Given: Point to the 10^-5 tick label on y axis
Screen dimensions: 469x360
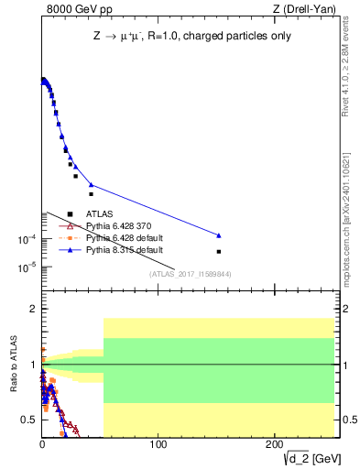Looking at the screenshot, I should coord(27,267).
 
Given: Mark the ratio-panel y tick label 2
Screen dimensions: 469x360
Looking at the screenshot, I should coord(32,310).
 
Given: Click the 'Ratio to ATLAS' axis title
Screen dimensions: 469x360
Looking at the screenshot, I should coord(13,365).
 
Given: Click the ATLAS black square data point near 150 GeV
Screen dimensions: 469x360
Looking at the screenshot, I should coord(219,251).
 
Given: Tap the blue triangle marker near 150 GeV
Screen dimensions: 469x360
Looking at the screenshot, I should coord(219,235).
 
